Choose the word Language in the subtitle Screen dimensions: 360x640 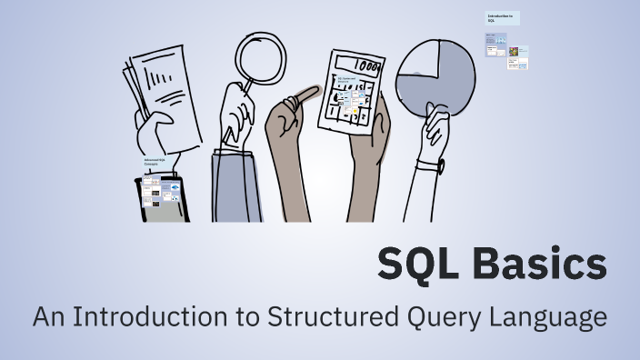click(x=551, y=318)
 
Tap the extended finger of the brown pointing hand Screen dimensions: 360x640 click(x=304, y=94)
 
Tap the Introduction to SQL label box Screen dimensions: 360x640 click(x=502, y=18)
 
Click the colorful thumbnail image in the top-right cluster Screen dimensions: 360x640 click(x=515, y=53)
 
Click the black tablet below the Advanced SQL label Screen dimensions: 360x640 click(x=161, y=197)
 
